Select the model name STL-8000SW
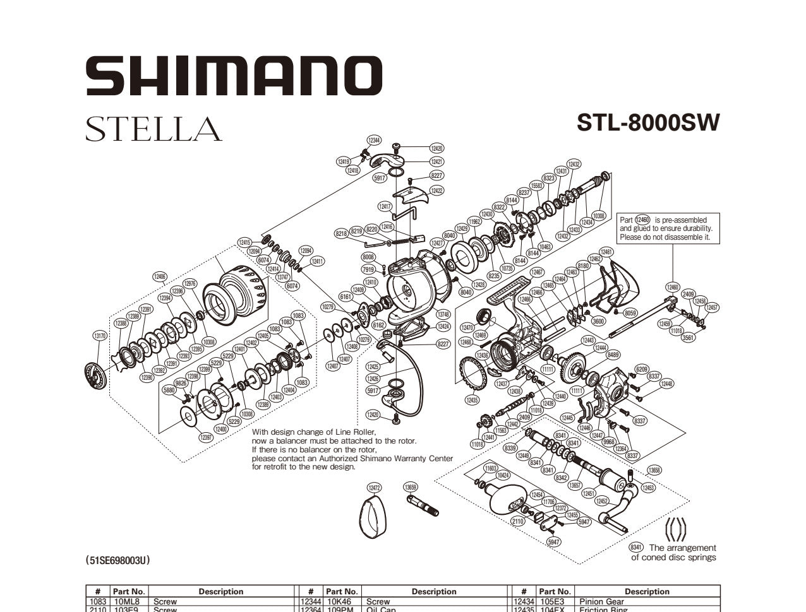[x=647, y=122]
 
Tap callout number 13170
[x=100, y=336]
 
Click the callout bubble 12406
[x=160, y=276]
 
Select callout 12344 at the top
[x=374, y=140]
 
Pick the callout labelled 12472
[x=375, y=488]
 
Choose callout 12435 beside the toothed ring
[x=472, y=400]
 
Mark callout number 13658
[x=654, y=470]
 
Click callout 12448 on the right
[x=666, y=384]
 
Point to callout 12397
[x=206, y=437]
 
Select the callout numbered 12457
[x=712, y=307]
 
